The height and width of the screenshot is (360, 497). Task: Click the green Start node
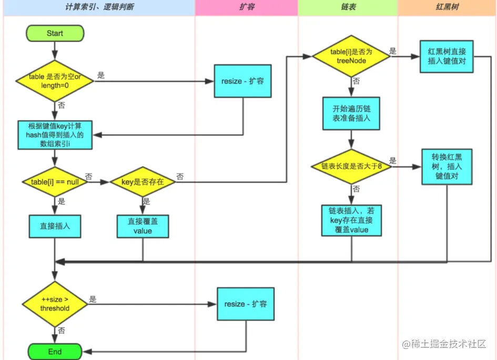tap(55, 33)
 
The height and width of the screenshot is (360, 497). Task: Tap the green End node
tap(55, 352)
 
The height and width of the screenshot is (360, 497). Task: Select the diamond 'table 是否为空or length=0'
tap(55, 80)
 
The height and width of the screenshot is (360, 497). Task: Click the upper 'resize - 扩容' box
tap(242, 81)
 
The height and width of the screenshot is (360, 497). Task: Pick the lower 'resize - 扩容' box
tap(246, 304)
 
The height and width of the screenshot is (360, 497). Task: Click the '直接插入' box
tap(55, 227)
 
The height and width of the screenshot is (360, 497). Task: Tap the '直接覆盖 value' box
tap(143, 227)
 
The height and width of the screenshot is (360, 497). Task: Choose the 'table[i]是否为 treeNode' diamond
tap(351, 56)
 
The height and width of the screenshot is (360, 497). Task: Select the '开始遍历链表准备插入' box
tap(351, 112)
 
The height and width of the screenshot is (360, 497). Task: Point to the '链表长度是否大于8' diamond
tap(351, 166)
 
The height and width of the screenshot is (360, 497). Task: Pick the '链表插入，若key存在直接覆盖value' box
tap(351, 220)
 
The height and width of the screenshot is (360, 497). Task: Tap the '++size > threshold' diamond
tap(55, 304)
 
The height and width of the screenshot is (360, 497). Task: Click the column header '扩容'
tap(246, 8)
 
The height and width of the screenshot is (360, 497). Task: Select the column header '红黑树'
tap(447, 8)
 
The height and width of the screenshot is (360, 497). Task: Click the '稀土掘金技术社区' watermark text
tap(447, 344)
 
